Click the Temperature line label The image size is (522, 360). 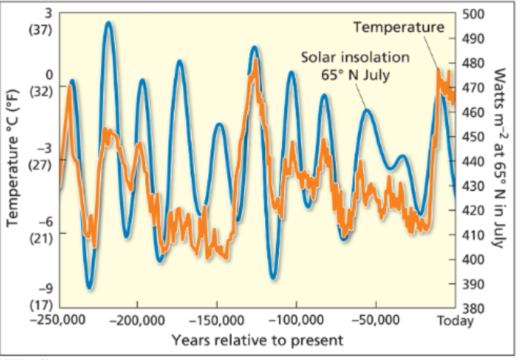(399, 28)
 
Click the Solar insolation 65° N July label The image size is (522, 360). (355, 65)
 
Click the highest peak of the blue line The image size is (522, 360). (109, 23)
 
